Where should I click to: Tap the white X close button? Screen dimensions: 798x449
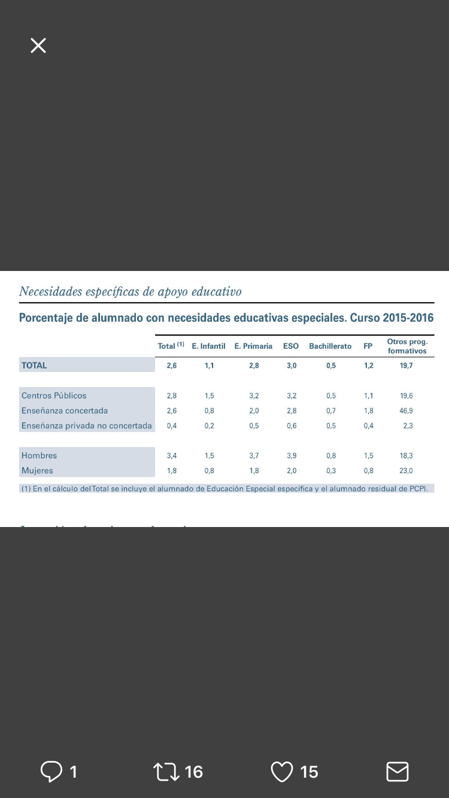click(x=38, y=45)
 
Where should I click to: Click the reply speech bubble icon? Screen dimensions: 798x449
click(x=51, y=771)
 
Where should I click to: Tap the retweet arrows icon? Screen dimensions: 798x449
click(x=166, y=772)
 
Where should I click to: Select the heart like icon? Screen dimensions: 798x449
click(x=282, y=772)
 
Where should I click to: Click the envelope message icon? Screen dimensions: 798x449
click(x=398, y=772)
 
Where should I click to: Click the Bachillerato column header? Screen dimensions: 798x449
click(x=330, y=346)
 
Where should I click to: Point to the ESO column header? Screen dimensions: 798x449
click(x=291, y=346)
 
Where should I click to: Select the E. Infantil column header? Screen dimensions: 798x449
click(x=208, y=346)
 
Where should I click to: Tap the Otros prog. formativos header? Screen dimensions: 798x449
click(x=407, y=346)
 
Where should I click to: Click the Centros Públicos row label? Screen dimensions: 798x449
click(x=54, y=395)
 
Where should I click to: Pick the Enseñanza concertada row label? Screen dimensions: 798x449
click(x=65, y=410)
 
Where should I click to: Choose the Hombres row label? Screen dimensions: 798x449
click(x=39, y=456)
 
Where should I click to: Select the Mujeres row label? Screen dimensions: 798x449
click(x=37, y=471)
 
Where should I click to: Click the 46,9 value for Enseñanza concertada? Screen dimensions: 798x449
click(x=406, y=411)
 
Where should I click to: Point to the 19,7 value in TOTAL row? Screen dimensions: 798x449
click(x=406, y=366)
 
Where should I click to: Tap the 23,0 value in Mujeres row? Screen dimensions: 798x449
click(x=406, y=471)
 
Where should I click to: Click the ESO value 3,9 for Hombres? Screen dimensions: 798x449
click(x=292, y=456)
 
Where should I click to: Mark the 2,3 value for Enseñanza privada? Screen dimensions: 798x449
click(x=408, y=426)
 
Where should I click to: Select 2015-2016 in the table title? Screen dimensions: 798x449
click(x=405, y=318)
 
